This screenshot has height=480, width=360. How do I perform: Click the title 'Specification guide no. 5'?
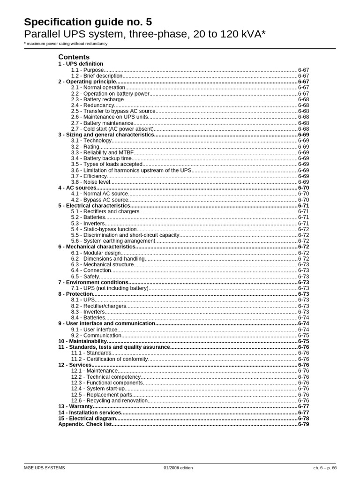pos(88,22)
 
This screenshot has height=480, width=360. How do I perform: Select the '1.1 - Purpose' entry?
pos(87,70)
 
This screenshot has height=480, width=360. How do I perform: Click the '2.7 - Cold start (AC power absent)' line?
pos(112,129)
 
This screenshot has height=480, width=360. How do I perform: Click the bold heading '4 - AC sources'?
pos(77,187)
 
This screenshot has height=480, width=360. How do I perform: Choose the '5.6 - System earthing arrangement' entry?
pos(113,241)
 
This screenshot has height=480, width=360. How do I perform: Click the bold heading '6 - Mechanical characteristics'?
pos(97,247)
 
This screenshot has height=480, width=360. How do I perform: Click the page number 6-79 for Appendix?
pos(303,424)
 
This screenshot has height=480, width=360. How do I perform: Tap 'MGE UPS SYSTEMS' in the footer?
pos(45,468)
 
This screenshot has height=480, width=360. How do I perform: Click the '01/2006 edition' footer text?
pos(178,468)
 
